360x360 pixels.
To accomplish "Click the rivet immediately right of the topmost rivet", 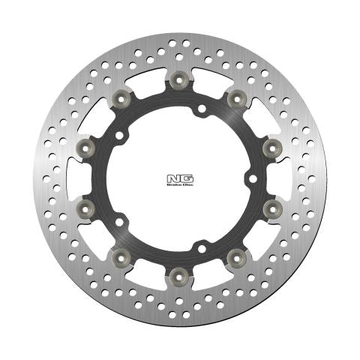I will pos(237,97).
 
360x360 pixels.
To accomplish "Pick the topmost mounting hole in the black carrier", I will pos(200,110).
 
